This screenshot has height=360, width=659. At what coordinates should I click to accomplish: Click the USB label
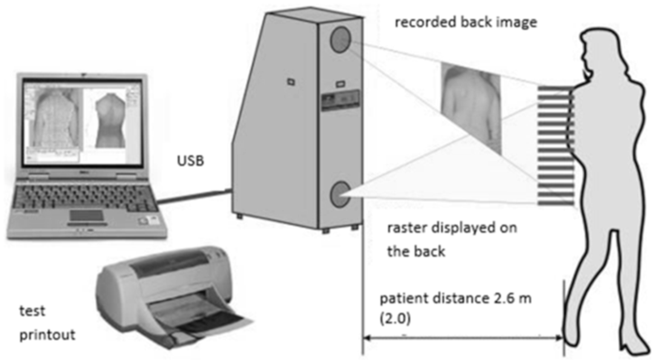(190, 161)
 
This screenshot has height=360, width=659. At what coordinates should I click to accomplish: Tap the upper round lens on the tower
(340, 40)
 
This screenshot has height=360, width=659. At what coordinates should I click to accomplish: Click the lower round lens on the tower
(340, 195)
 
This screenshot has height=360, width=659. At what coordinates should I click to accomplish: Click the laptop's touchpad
(86, 215)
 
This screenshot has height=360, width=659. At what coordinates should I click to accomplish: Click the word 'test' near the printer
(32, 311)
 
